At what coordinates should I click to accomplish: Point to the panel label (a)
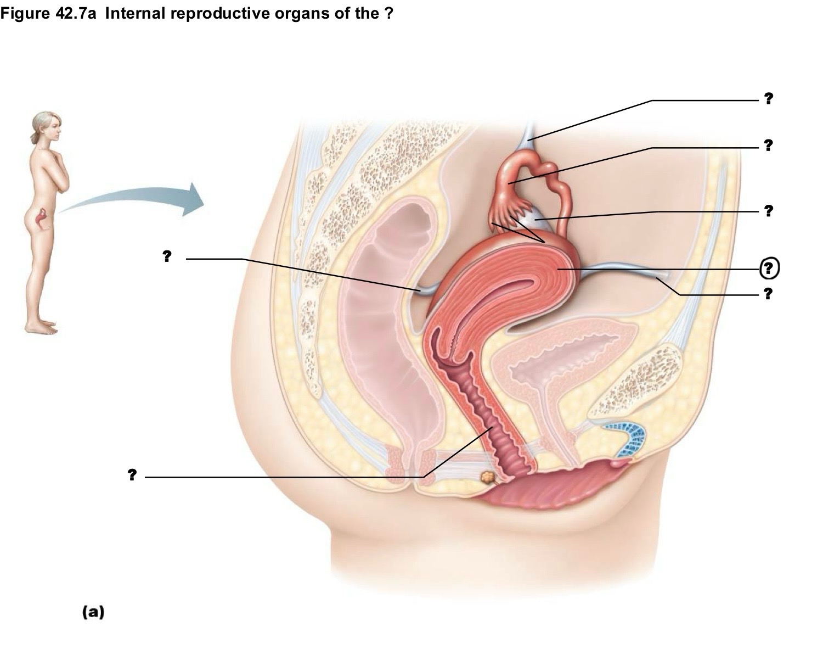93,612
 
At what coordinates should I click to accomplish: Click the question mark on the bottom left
132,474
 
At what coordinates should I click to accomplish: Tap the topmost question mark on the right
768,99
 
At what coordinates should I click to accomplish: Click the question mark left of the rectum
167,256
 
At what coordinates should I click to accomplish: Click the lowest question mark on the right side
768,294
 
